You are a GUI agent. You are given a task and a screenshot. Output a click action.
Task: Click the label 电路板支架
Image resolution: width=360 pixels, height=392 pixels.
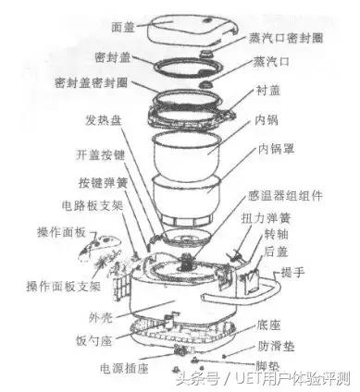[92, 205]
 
